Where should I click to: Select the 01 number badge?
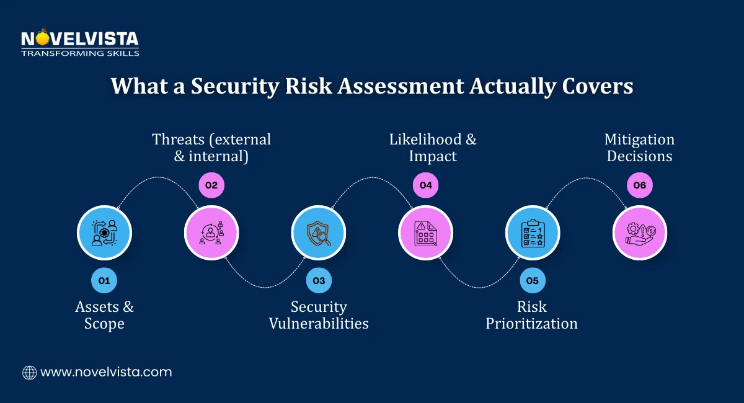[104, 280]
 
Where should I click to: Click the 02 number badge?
[211, 184]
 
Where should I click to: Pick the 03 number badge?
[319, 280]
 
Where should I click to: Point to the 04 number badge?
[425, 184]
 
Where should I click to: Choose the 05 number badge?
[533, 280]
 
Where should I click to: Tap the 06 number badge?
[640, 184]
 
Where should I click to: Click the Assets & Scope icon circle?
[104, 232]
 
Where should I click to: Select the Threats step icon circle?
[211, 232]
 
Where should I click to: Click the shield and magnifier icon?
[319, 232]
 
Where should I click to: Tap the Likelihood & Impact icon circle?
[425, 232]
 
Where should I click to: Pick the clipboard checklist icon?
[533, 232]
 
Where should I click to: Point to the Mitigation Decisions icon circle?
[640, 232]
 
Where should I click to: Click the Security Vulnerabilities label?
[319, 315]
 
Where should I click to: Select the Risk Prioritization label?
[532, 315]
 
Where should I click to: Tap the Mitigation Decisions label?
[640, 148]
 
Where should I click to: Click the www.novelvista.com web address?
[106, 372]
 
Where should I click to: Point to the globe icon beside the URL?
[29, 372]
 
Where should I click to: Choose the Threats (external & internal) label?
[211, 148]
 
